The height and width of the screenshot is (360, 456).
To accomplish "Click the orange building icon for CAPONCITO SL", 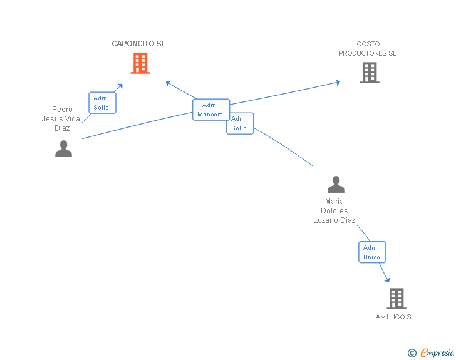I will coord(140,63).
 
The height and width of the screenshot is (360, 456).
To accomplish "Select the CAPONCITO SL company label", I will coord(138,44).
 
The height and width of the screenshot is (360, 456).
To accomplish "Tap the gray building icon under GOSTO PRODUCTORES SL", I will coord(370,73).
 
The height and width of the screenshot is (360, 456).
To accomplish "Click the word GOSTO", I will coord(368,44).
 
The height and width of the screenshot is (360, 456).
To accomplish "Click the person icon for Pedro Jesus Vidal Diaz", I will coord(63,148).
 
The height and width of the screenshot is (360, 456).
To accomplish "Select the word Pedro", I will coord(62,110).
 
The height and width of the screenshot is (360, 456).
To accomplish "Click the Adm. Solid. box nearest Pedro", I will coord(102,103).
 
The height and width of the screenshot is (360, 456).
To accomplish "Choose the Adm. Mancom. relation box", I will coord(210,110).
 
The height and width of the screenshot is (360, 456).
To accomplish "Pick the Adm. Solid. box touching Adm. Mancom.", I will coord(240,123).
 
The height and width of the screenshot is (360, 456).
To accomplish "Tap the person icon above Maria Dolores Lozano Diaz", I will coord(336,185).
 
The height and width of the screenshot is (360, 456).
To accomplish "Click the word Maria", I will coord(334,202).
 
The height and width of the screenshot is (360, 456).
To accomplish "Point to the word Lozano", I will coord(326,220).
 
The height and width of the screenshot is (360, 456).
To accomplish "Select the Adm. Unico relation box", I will coord(371,252).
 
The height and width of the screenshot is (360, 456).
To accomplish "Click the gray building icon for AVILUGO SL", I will coord(396,299).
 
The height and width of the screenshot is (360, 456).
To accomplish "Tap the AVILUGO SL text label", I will coord(395,317).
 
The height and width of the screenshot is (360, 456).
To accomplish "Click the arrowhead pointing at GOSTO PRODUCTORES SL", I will coord(338,82).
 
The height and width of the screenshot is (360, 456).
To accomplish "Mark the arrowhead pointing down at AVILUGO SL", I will coord(387,279).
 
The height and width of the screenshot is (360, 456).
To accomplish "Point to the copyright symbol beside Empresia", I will coord(412,353).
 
